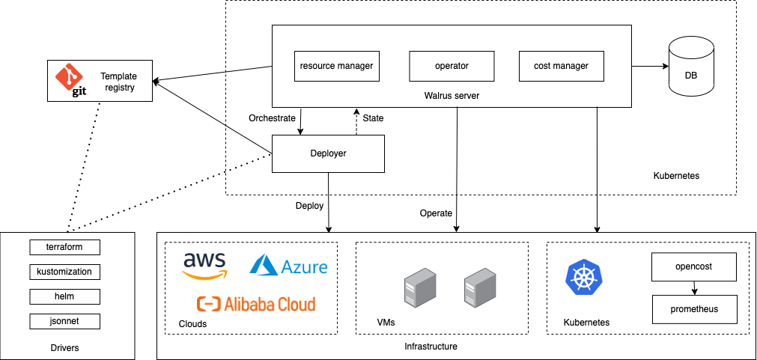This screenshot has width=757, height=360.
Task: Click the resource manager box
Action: click(x=336, y=66)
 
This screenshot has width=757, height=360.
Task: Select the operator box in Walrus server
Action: click(x=452, y=66)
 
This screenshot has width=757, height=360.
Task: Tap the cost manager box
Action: click(x=561, y=66)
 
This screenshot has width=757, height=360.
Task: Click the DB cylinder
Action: click(x=690, y=67)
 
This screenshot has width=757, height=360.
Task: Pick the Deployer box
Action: click(x=328, y=153)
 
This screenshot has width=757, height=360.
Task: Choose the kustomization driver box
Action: click(x=64, y=272)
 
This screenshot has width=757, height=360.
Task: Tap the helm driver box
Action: click(x=64, y=296)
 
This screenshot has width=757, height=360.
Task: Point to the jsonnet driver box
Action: click(x=64, y=321)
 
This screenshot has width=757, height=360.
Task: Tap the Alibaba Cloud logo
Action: click(x=255, y=304)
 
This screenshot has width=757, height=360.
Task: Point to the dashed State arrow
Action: click(x=356, y=122)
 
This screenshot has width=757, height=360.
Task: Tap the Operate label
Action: click(x=436, y=213)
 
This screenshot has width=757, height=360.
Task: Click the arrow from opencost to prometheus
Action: click(x=695, y=287)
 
